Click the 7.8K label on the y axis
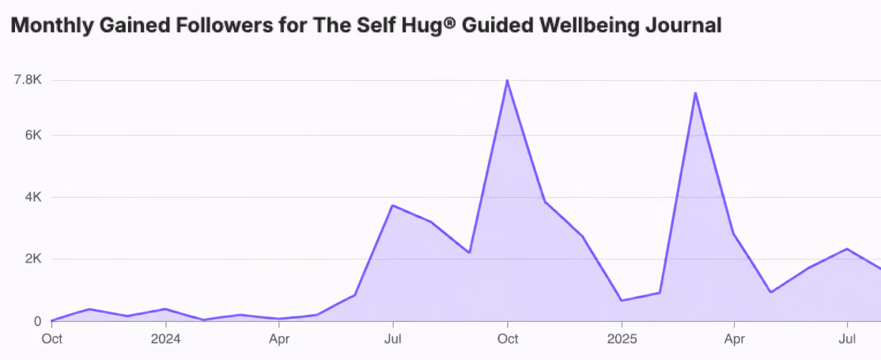[x=28, y=80]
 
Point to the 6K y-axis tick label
[x=32, y=135]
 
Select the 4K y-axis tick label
[x=32, y=198]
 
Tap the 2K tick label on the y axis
[x=32, y=260]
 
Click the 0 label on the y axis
[x=38, y=321]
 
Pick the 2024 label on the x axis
[x=166, y=339]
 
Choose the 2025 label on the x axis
[x=622, y=339]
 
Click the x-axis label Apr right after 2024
[x=279, y=339]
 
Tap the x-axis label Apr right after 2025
[x=735, y=339]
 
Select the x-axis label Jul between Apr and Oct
[x=393, y=339]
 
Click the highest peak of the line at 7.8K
[x=507, y=80]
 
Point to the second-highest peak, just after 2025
[x=696, y=93]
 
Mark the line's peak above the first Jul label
[x=393, y=205]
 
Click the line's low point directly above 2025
[x=622, y=301]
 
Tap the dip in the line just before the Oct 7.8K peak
[x=469, y=252]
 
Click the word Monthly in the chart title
[x=47, y=25]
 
